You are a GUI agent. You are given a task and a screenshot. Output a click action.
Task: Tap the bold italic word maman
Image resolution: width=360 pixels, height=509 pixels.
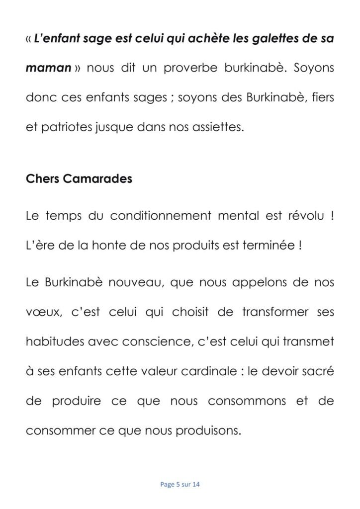point(48,68)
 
